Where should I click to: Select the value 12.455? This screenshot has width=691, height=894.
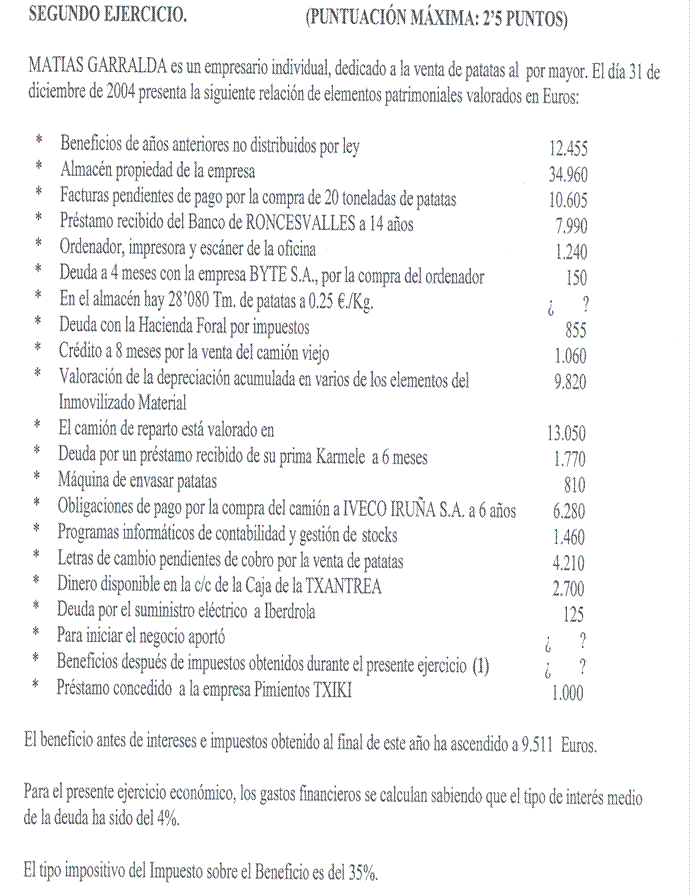[568, 149]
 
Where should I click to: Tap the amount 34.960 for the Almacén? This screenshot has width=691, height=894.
[568, 174]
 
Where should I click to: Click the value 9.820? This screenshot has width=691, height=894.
[569, 380]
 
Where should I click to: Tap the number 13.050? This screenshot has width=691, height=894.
[566, 433]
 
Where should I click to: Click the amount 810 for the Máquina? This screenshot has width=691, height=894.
[573, 485]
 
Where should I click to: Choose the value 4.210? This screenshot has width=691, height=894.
[569, 563]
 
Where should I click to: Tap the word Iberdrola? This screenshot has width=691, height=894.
[282, 613]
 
